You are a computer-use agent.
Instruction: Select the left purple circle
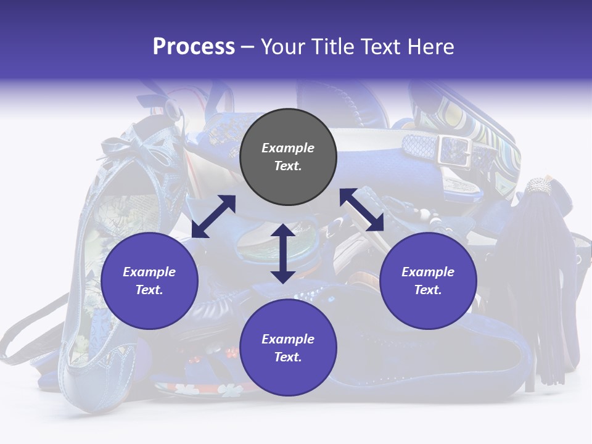click(x=149, y=281)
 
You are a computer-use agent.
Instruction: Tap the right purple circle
click(x=428, y=281)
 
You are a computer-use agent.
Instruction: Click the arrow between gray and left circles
click(x=213, y=216)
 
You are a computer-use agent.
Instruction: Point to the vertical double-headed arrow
click(x=283, y=253)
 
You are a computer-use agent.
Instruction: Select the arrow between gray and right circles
click(x=362, y=210)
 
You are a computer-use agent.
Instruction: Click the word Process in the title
click(x=194, y=47)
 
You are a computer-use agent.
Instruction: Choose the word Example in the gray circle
click(x=288, y=148)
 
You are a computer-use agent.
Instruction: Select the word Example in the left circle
click(x=149, y=272)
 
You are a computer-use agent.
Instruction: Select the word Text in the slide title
click(x=380, y=47)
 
